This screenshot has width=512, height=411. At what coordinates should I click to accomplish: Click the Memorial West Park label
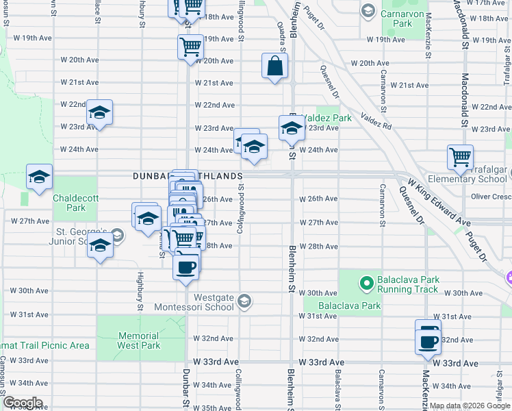tap(139, 340)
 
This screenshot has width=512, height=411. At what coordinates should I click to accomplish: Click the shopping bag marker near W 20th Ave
tap(274, 66)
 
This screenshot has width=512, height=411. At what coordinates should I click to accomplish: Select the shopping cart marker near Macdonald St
tap(461, 156)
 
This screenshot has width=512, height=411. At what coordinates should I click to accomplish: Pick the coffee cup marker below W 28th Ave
tap(185, 266)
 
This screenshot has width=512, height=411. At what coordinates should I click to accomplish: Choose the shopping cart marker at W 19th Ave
tap(190, 47)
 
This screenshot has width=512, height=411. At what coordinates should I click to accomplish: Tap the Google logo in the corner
tap(23, 403)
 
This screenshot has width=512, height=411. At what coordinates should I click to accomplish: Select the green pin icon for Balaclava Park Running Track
tap(366, 282)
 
